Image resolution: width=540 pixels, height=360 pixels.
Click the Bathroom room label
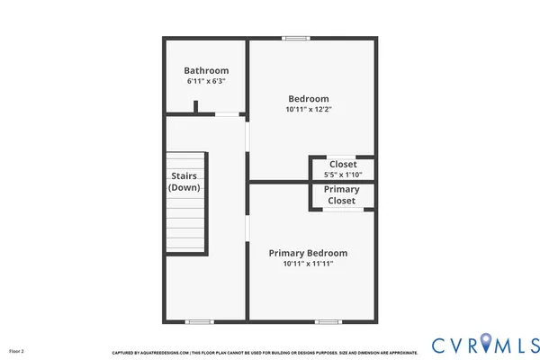(x=206, y=70)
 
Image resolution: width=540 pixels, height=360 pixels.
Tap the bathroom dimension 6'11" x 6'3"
(x=206, y=82)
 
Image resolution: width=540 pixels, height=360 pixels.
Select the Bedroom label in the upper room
(x=308, y=98)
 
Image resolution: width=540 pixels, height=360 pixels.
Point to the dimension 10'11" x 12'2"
(x=308, y=110)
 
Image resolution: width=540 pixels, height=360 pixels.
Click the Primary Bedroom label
(x=308, y=253)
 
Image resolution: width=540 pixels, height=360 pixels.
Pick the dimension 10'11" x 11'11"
(x=308, y=265)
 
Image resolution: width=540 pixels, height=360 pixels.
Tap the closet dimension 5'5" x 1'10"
(x=342, y=175)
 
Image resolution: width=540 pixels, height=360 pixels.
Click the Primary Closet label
(x=342, y=195)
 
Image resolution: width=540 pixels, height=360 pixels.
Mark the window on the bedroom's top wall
(x=294, y=38)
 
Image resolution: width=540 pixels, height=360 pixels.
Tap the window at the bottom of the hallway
(x=198, y=321)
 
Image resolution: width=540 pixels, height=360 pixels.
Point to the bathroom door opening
(x=228, y=114)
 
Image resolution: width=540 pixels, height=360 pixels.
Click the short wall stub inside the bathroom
(x=195, y=107)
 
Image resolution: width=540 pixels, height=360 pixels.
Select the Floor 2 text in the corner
(x=16, y=350)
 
